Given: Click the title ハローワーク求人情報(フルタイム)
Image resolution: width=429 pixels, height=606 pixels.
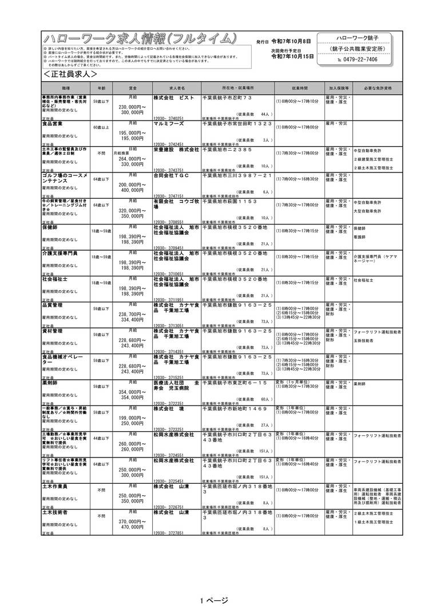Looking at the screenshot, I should click(140, 39).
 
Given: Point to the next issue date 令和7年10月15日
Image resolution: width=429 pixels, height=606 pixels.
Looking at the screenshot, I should click(292, 57).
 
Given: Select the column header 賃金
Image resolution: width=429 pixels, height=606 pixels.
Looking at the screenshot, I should click(132, 89).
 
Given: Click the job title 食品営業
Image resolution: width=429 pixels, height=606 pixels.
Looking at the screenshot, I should click(53, 123).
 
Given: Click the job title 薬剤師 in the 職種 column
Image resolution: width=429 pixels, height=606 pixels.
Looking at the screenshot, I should click(50, 383).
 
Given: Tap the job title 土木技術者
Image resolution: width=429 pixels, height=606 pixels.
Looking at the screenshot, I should click(54, 513).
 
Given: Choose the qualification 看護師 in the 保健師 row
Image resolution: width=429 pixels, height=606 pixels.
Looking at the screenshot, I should click(359, 236).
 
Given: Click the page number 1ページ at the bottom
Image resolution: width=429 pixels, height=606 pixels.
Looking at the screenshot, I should click(214, 600).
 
